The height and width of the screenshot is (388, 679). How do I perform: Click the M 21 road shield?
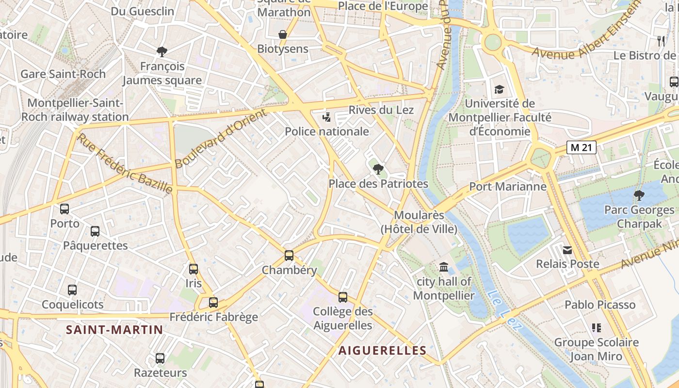581,147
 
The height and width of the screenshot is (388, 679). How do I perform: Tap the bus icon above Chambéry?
289,255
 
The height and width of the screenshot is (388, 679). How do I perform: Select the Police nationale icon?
327,117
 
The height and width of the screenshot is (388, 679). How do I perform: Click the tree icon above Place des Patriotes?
378,169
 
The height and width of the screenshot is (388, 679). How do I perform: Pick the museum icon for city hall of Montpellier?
443,267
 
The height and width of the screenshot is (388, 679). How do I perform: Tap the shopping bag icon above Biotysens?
283,34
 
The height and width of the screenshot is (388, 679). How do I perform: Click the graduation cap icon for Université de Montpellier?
499,89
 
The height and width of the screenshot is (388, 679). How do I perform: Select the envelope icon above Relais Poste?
567,250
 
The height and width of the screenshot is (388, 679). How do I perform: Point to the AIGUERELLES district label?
382,350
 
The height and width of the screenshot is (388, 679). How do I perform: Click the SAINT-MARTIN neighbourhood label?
114,330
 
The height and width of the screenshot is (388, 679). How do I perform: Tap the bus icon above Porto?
65,209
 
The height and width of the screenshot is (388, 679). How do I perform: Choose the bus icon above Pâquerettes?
95,231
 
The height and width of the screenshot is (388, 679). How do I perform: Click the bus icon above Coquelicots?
72,290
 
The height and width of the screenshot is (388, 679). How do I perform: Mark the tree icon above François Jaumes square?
162,51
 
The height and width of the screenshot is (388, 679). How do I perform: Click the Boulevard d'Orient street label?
221,139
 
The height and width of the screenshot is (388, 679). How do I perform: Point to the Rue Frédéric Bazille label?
125,163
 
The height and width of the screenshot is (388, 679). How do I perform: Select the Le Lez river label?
505,310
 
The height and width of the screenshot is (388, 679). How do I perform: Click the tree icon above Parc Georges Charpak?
639,195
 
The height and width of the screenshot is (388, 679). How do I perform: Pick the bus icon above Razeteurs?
160,358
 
